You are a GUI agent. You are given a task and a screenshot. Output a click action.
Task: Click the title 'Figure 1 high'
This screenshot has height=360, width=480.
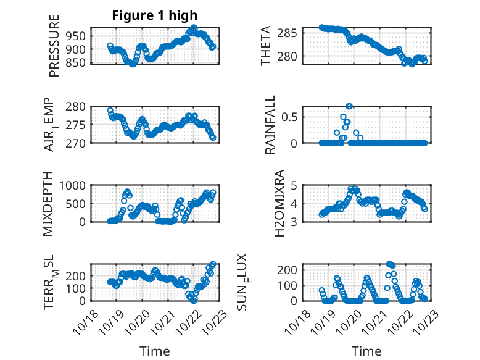pos(155,15)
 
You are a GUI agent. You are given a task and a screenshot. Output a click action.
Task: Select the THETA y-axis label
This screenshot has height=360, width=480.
pos(266,45)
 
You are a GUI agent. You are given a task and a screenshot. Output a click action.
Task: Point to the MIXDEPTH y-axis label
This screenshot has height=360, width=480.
pos(49,204)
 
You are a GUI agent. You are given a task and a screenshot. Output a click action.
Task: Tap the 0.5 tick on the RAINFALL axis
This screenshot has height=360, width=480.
pos(292,116)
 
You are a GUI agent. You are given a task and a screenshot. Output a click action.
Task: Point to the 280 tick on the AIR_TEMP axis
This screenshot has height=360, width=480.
pos(78,106)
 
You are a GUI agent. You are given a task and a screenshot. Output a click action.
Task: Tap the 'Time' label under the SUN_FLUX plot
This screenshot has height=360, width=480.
pos(366,351)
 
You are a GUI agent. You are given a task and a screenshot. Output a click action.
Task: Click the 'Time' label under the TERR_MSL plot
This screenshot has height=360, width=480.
pos(154,351)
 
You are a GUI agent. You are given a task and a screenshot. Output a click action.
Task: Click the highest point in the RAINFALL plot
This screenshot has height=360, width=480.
pos(349,106)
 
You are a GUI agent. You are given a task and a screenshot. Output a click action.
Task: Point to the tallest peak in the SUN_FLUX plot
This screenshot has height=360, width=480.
pos(389,264)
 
